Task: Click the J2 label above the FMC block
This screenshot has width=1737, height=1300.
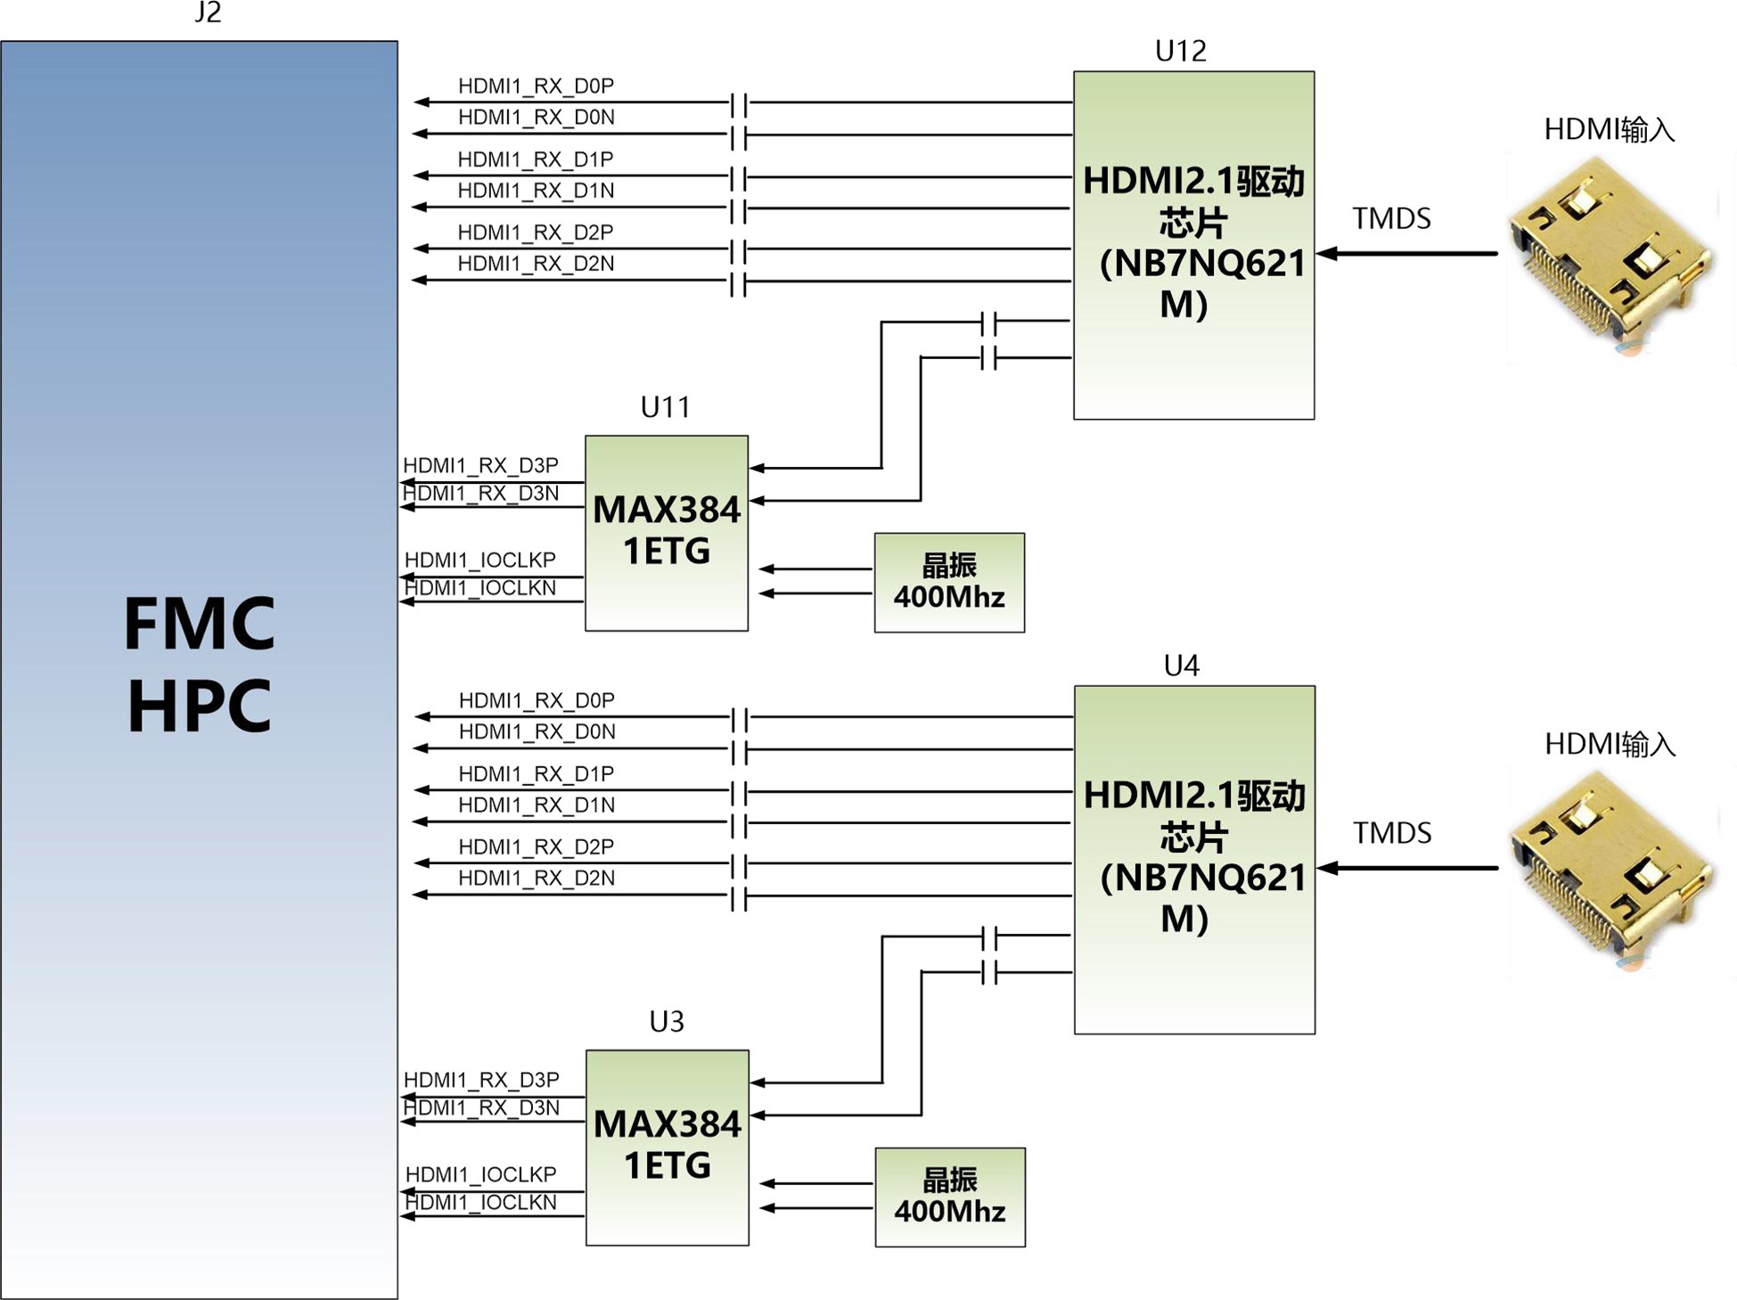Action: point(208,12)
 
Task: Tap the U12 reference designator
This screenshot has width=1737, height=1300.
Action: point(1180,51)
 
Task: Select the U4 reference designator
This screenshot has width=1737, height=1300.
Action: point(1182,666)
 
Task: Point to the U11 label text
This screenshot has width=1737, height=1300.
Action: point(666,407)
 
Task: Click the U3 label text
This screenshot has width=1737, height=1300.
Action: point(667,1021)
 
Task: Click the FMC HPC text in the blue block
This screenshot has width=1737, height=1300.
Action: point(200,663)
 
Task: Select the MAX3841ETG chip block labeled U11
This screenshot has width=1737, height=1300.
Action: point(667,533)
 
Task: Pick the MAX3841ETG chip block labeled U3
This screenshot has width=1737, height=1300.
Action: point(668,1148)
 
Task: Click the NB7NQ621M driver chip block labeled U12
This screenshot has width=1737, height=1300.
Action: point(1194,245)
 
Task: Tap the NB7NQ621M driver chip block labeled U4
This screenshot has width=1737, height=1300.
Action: point(1195,860)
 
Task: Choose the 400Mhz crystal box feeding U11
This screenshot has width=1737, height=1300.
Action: point(950,583)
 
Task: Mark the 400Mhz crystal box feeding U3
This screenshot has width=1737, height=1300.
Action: point(951,1198)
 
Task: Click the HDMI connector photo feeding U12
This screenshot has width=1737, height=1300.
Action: point(1613,257)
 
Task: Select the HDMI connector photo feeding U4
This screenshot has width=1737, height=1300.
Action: point(1613,871)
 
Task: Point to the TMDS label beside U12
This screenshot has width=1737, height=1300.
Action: point(1391,218)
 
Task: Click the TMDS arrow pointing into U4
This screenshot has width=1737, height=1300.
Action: point(1407,868)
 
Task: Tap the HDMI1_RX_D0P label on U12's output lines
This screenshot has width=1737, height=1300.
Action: point(536,86)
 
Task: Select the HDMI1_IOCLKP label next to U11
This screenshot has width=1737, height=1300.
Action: point(480,560)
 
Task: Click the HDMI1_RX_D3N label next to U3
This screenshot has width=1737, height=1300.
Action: point(482,1108)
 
